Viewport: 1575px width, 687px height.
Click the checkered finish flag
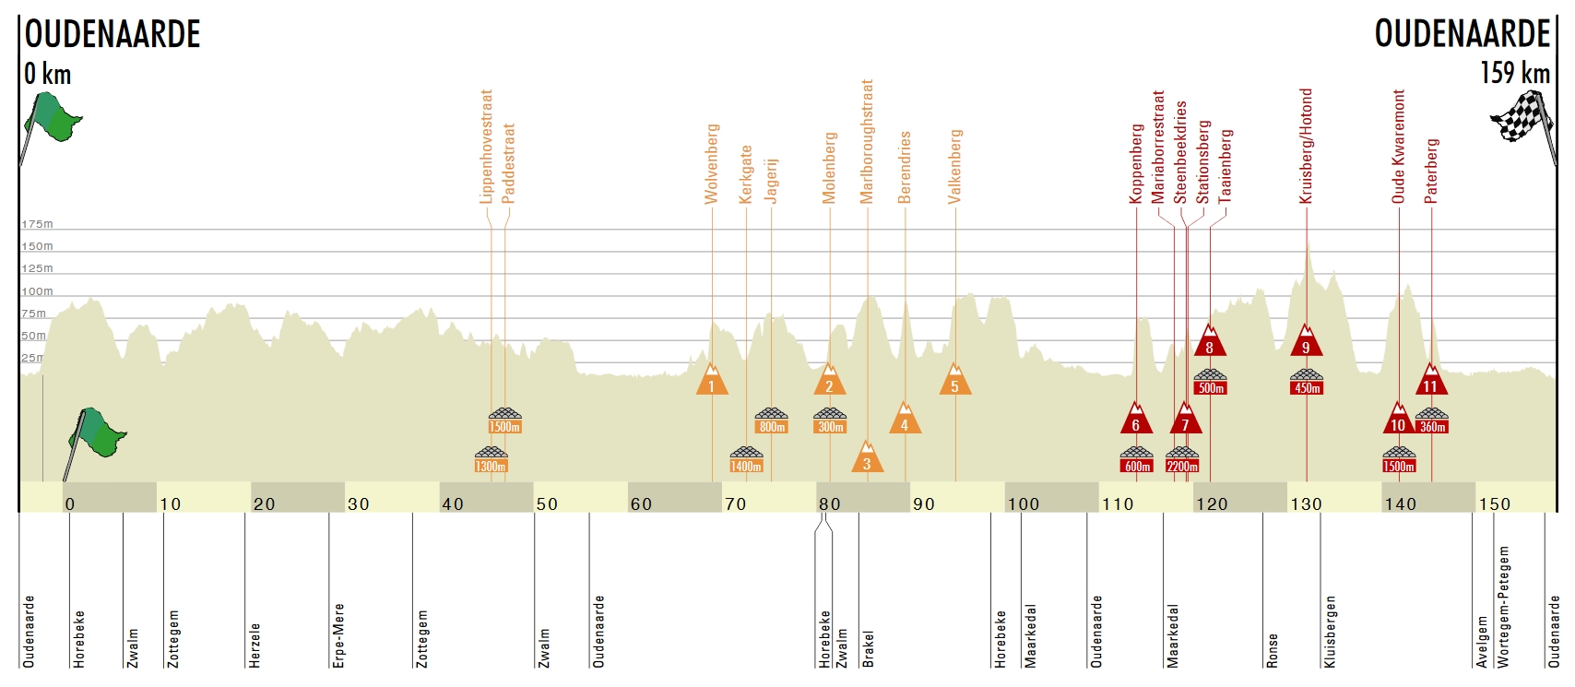[x=1522, y=117]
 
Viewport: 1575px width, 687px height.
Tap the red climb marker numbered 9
[x=1306, y=342]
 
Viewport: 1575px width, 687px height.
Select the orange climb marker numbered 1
[x=712, y=381]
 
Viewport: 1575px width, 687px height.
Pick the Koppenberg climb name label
[x=1136, y=164]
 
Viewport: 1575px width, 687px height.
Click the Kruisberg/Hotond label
[x=1306, y=146]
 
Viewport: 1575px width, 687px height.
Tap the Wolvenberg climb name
[x=711, y=163]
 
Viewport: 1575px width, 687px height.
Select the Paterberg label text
[x=1431, y=171]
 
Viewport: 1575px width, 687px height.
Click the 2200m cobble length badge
[x=1182, y=466]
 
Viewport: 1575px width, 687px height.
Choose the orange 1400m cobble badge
[x=746, y=466]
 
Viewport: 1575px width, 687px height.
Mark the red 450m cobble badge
[x=1307, y=387]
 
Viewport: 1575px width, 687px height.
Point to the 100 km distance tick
[x=1023, y=504]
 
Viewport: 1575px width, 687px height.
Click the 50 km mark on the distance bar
[x=547, y=504]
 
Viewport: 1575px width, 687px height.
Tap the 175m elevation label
[x=38, y=224]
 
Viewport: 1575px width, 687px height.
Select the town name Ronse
[x=1273, y=650]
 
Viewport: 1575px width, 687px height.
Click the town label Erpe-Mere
[x=338, y=635]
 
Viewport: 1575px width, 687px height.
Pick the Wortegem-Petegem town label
[x=1504, y=607]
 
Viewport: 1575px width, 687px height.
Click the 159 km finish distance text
[x=1515, y=73]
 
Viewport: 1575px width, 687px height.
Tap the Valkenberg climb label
[x=955, y=166]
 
